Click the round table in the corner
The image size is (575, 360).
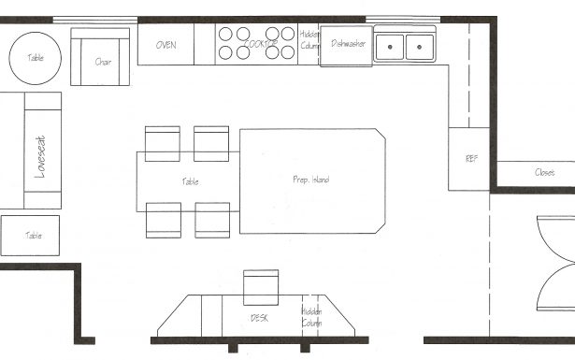click(x=35, y=57)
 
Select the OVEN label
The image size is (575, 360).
click(x=166, y=45)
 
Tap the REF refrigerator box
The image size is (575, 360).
click(x=469, y=159)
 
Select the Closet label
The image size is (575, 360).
click(x=544, y=173)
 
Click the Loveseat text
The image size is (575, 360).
click(x=40, y=155)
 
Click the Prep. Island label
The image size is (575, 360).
click(x=310, y=180)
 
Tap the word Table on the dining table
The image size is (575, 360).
click(x=190, y=181)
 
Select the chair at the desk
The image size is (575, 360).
click(x=261, y=287)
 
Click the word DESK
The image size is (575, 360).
click(x=259, y=318)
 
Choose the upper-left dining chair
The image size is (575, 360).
click(x=163, y=142)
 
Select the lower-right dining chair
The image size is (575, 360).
click(x=211, y=219)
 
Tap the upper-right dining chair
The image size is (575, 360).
click(x=211, y=142)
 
